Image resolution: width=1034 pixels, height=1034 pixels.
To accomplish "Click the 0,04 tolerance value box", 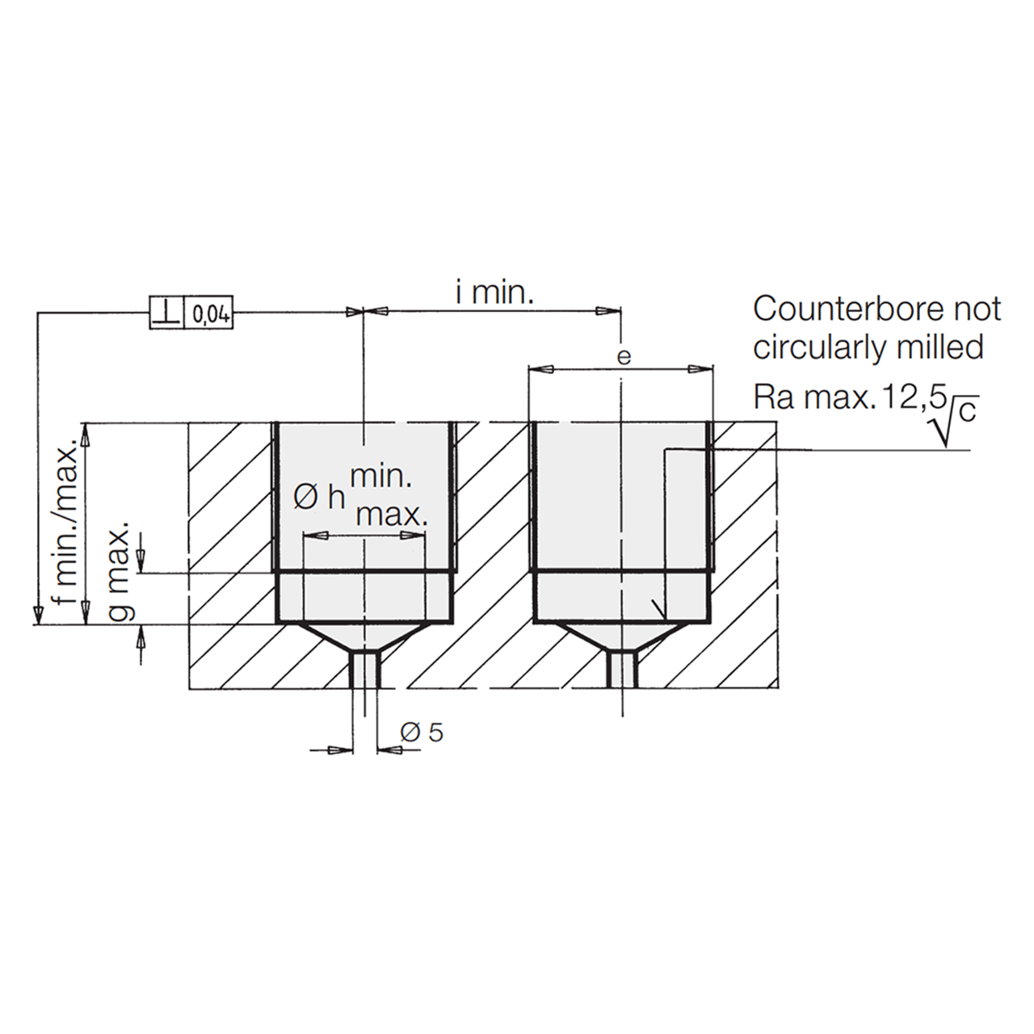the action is pos(208,313).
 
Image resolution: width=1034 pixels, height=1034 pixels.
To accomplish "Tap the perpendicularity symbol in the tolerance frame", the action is pos(166,313).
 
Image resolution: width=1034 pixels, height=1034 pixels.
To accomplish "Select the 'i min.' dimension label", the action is pos(494,293).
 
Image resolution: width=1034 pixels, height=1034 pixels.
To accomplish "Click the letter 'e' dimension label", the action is pos(624,356).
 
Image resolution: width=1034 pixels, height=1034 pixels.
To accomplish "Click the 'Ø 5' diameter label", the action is pos(422,732).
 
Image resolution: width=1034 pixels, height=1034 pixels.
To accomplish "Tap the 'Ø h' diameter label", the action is pos(319,498).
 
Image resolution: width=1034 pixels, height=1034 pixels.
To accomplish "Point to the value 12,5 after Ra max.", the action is pos(907,399).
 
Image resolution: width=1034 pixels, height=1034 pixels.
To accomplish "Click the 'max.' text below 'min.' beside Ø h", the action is pos(392,515).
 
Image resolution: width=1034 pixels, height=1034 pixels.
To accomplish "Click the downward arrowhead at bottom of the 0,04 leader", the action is pos(37,612).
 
